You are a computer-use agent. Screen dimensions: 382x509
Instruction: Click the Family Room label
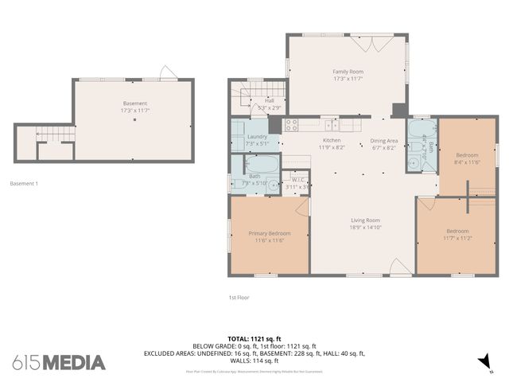348,72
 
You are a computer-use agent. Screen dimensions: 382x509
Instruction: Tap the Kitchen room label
331,119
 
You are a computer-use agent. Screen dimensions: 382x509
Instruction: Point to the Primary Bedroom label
269,233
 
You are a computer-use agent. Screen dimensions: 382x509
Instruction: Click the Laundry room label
257,137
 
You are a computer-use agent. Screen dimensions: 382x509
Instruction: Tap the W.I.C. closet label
297,180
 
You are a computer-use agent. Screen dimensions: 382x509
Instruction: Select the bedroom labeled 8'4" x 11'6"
467,154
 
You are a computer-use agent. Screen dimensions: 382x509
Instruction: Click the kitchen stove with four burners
291,124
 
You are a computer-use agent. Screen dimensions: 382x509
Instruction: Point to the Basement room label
134,103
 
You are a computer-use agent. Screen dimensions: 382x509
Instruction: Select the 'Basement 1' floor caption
24,184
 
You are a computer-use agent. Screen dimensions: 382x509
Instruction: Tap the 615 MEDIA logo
59,363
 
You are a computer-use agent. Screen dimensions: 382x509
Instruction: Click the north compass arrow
481,362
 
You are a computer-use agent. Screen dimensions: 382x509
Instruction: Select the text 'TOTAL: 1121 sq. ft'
254,338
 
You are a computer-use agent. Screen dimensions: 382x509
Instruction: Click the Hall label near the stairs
269,101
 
